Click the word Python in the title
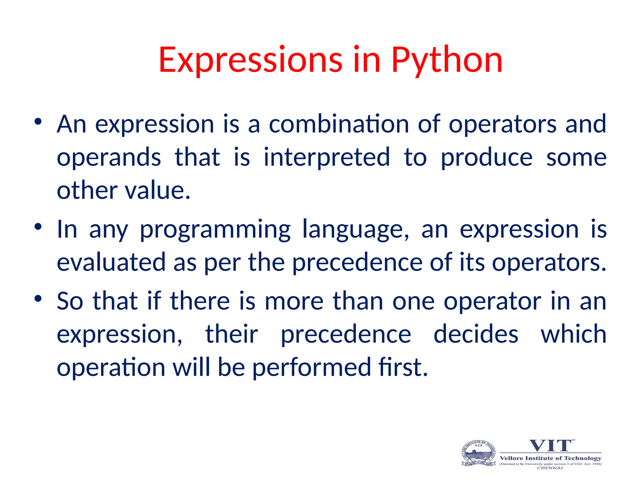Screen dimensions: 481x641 [447, 60]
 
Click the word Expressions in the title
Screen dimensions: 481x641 [250, 60]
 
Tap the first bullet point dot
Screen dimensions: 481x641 [38, 122]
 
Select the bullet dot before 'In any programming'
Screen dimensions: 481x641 [38, 227]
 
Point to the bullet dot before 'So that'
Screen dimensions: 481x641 [38, 299]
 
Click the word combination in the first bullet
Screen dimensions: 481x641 [339, 124]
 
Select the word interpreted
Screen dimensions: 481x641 [327, 157]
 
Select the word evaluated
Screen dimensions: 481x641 [111, 262]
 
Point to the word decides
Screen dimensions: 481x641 [476, 334]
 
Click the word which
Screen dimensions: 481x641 [574, 334]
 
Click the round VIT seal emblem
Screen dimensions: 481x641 [479, 453]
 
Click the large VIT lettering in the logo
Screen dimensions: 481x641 [550, 446]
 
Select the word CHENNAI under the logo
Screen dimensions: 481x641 [550, 468]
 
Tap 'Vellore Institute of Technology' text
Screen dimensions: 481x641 [551, 458]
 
